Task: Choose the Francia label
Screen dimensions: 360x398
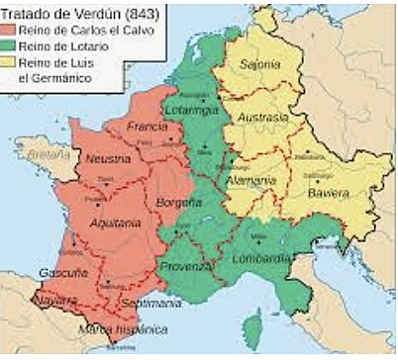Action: (x=147, y=127)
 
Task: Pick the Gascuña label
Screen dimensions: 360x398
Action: (x=55, y=272)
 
